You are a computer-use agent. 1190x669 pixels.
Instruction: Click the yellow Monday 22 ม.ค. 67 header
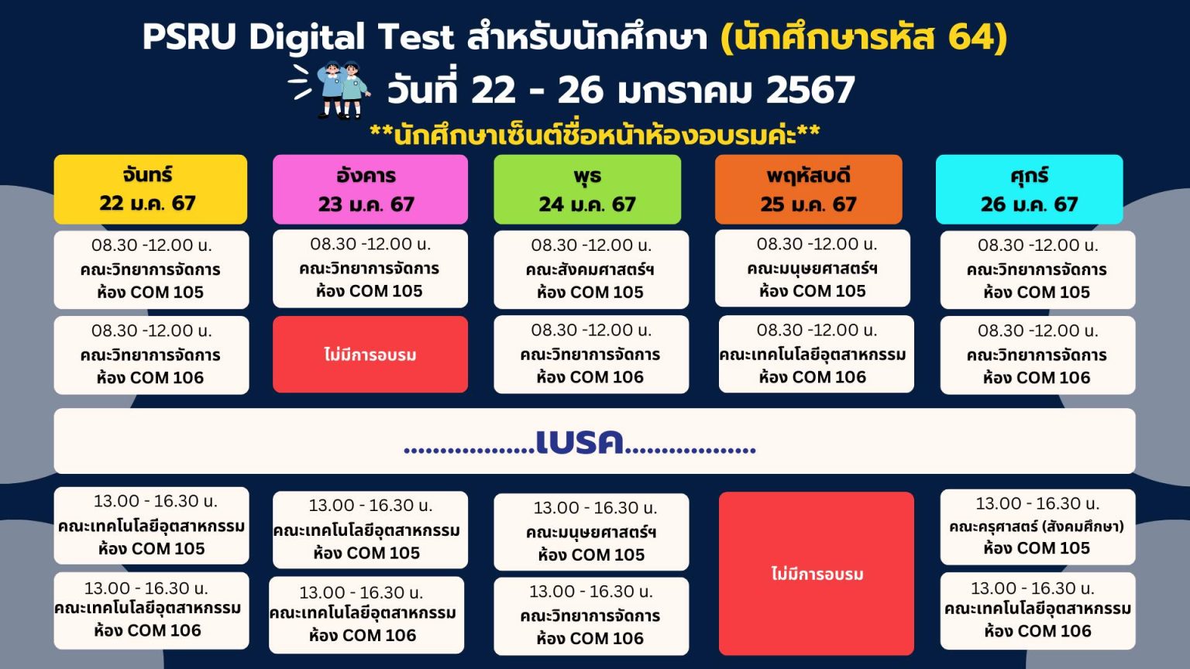click(150, 190)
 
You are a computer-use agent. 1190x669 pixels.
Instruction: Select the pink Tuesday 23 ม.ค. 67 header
click(370, 190)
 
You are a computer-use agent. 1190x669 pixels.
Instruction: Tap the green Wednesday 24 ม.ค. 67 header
click(587, 190)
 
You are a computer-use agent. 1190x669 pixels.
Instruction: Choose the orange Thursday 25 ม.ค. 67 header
click(809, 190)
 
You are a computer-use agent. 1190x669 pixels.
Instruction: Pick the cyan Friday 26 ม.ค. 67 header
click(1030, 190)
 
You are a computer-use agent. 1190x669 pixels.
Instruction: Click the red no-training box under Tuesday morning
click(370, 355)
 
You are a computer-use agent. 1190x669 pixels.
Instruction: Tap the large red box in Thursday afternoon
click(817, 574)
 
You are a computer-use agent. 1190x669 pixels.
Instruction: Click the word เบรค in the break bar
click(580, 442)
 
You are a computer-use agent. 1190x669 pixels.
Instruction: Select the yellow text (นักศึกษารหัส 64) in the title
click(864, 37)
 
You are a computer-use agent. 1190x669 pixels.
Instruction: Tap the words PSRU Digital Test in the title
click(298, 37)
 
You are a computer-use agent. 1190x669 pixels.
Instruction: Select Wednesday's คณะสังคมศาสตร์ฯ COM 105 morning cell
click(591, 269)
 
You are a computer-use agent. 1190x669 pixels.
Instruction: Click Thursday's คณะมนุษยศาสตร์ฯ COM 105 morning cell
click(812, 268)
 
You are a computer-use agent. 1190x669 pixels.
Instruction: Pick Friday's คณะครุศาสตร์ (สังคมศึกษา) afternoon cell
click(1037, 527)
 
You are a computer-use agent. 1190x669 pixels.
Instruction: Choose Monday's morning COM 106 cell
click(151, 355)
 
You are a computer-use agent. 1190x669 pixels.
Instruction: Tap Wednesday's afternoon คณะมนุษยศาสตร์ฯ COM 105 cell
click(591, 532)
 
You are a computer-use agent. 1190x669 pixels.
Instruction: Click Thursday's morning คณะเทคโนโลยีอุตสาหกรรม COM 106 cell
click(817, 354)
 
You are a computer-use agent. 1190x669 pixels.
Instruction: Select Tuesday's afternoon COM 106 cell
click(366, 615)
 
